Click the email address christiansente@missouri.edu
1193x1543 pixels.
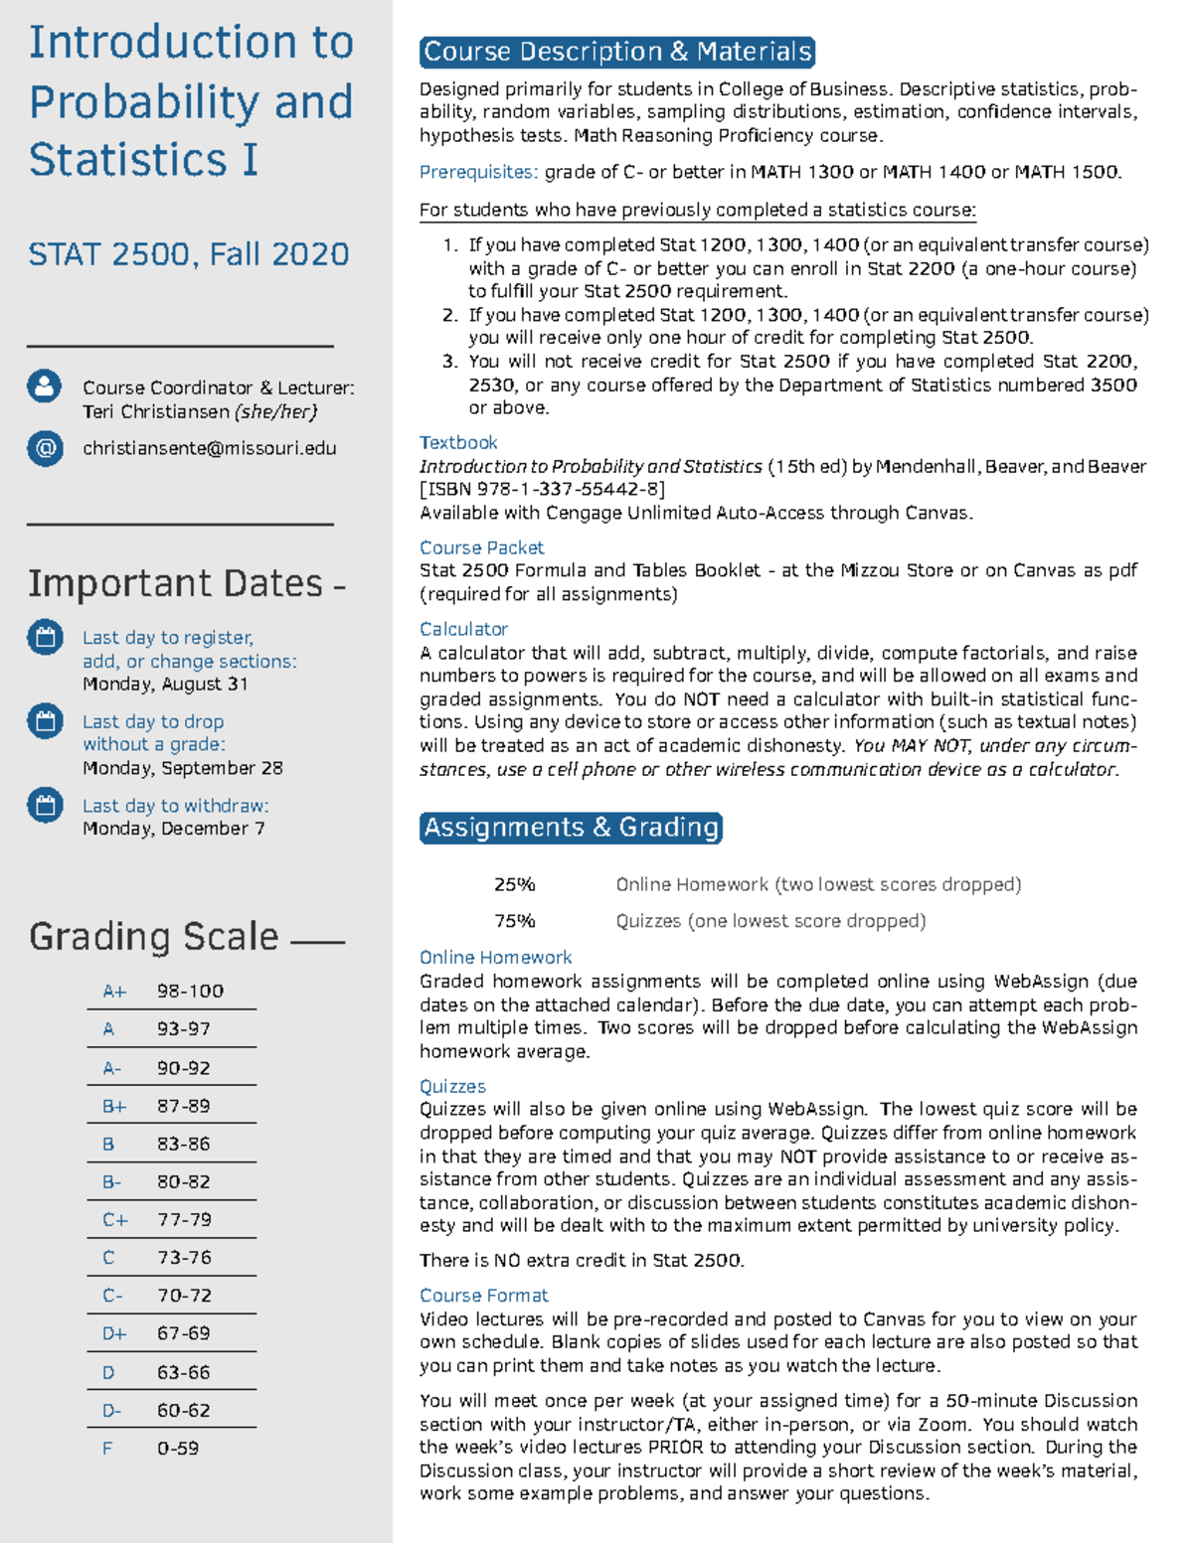(209, 448)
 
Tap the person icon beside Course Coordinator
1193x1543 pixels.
(45, 386)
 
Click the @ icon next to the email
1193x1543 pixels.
(45, 448)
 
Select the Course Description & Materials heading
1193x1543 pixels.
(617, 52)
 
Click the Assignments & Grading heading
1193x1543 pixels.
(571, 828)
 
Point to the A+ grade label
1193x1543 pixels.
(114, 992)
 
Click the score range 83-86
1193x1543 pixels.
(184, 1144)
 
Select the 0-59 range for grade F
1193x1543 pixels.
(178, 1449)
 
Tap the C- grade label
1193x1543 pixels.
(112, 1296)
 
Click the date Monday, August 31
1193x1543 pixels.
(165, 684)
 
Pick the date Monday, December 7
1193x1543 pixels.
(173, 829)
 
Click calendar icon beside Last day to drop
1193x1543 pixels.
(45, 721)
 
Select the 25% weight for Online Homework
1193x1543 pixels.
(514, 884)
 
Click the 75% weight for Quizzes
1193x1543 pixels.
(514, 921)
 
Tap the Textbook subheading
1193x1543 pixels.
(458, 442)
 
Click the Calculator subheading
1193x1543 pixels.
(463, 629)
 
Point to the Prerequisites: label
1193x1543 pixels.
(478, 172)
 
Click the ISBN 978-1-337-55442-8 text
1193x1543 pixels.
(543, 489)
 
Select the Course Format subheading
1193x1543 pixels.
(483, 1296)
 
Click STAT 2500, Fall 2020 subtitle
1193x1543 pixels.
(189, 254)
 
